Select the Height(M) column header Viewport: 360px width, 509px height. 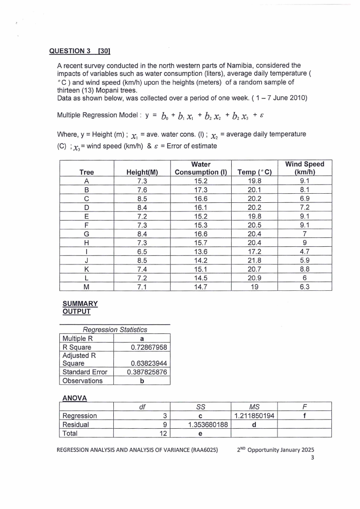tap(141, 172)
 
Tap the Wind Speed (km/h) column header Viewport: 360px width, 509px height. tap(304, 168)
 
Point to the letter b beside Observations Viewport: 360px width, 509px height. tap(142, 381)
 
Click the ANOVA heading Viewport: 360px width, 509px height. tap(74, 398)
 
